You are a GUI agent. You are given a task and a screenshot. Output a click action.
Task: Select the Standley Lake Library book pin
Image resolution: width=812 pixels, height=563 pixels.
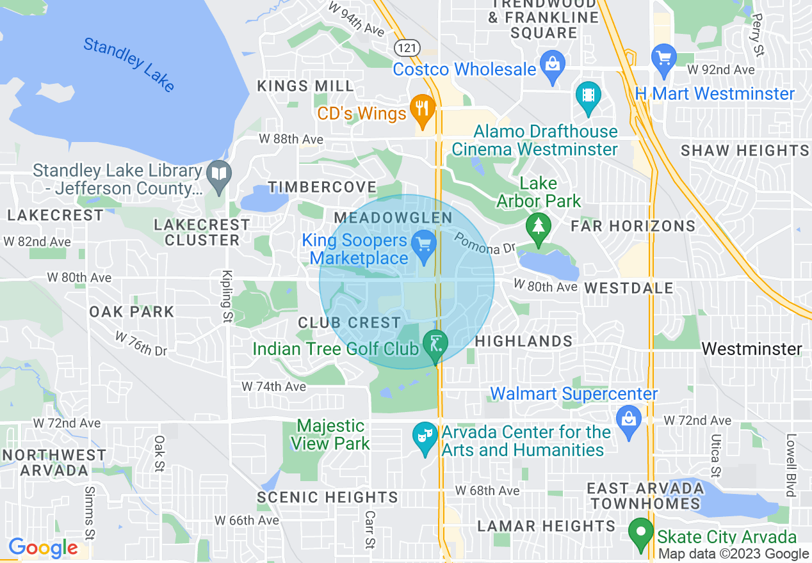coord(219,174)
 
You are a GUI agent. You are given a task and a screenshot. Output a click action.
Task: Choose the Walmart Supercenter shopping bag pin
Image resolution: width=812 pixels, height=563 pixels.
coord(629,420)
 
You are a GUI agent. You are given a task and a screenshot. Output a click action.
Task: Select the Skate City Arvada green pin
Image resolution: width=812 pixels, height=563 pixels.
coord(641,533)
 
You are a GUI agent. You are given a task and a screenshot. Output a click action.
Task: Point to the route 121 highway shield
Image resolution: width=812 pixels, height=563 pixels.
coord(405,47)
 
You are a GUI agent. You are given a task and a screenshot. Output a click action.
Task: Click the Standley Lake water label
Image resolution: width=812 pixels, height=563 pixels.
coord(129,65)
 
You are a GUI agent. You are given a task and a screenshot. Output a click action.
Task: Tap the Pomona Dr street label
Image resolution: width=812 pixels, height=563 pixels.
coord(485,242)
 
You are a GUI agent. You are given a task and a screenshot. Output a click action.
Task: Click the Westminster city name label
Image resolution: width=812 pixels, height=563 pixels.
coord(751,349)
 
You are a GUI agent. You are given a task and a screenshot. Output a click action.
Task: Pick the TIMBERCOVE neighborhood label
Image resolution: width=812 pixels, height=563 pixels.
coord(322,187)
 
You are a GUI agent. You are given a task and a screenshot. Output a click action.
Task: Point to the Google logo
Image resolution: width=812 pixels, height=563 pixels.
coord(42,548)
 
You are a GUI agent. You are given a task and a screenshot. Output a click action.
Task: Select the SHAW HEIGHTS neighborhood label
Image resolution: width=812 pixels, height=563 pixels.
coord(745,151)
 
